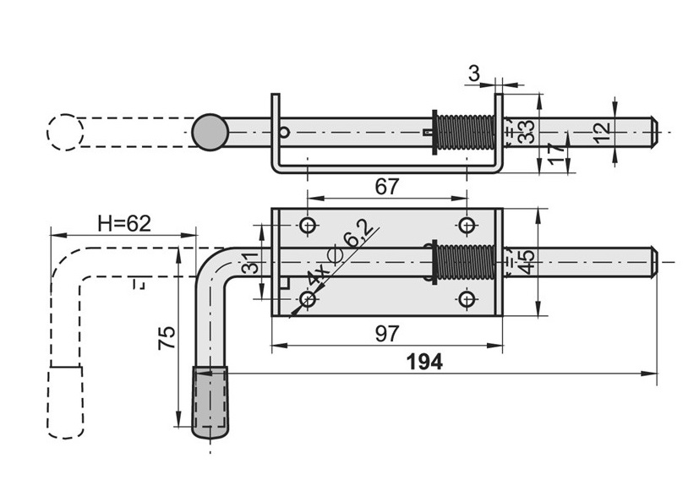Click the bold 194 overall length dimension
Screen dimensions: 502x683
click(424, 362)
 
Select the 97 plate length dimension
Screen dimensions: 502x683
click(386, 334)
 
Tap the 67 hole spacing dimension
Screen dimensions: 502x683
click(386, 187)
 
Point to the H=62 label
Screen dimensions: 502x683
click(123, 223)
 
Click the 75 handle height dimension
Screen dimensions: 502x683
click(167, 337)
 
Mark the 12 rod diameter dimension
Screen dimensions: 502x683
click(601, 132)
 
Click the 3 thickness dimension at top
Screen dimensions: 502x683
click(473, 74)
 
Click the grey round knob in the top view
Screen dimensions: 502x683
click(210, 133)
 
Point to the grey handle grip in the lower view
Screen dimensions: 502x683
click(210, 402)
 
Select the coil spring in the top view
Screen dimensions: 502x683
click(464, 133)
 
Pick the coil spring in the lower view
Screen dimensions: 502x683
click(464, 262)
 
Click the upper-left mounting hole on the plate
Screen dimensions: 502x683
click(308, 226)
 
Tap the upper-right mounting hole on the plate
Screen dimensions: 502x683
click(466, 226)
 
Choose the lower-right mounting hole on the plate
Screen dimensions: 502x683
click(466, 299)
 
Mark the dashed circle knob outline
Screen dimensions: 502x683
click(65, 133)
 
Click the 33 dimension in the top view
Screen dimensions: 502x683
click(526, 132)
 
